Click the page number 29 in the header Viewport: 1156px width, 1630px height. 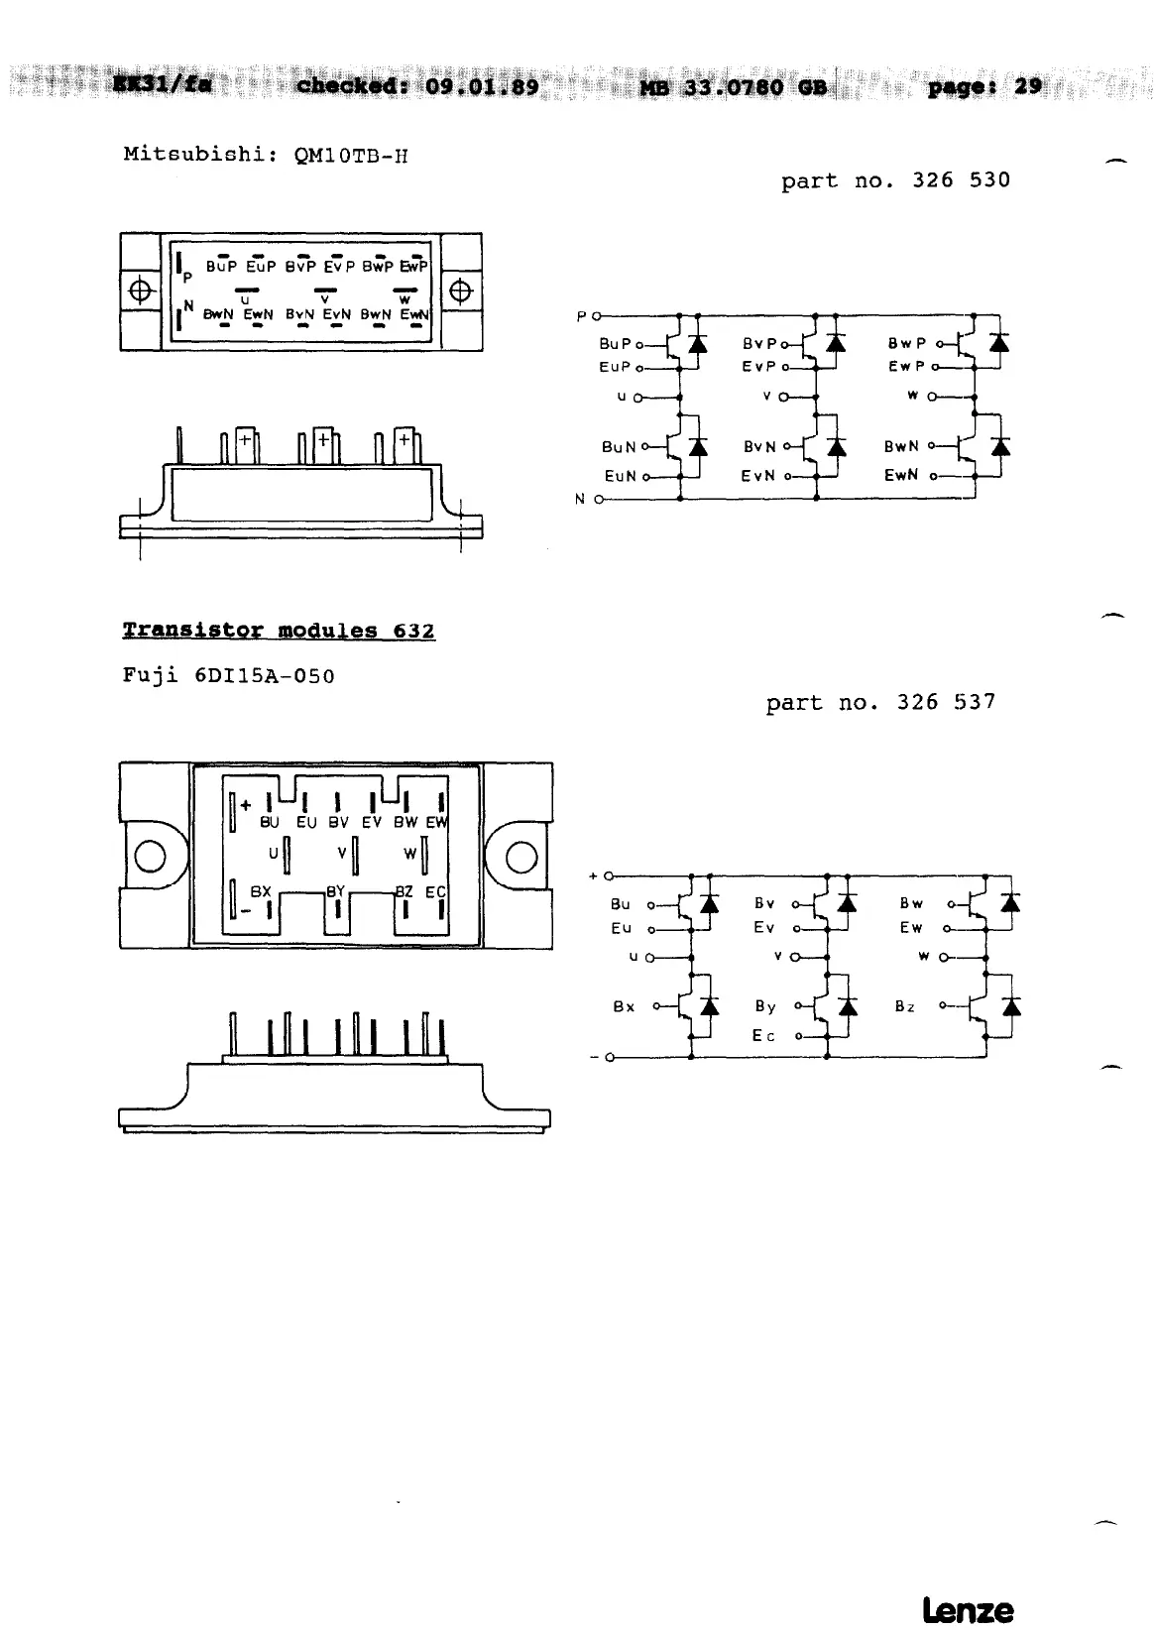1028,86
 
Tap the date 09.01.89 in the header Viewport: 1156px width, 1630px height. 482,86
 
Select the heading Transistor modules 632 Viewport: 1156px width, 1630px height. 279,631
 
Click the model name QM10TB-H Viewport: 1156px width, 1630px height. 351,156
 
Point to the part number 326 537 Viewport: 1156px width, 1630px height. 946,702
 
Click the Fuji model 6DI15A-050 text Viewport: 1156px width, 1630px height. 265,676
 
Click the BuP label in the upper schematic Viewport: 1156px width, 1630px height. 615,344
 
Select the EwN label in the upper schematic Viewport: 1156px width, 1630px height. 901,476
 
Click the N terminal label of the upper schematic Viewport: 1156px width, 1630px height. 581,499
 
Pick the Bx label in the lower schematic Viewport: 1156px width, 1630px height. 624,1006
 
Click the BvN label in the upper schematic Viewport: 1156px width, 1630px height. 759,447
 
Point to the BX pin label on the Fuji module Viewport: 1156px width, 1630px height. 261,892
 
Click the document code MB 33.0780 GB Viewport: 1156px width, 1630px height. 733,87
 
